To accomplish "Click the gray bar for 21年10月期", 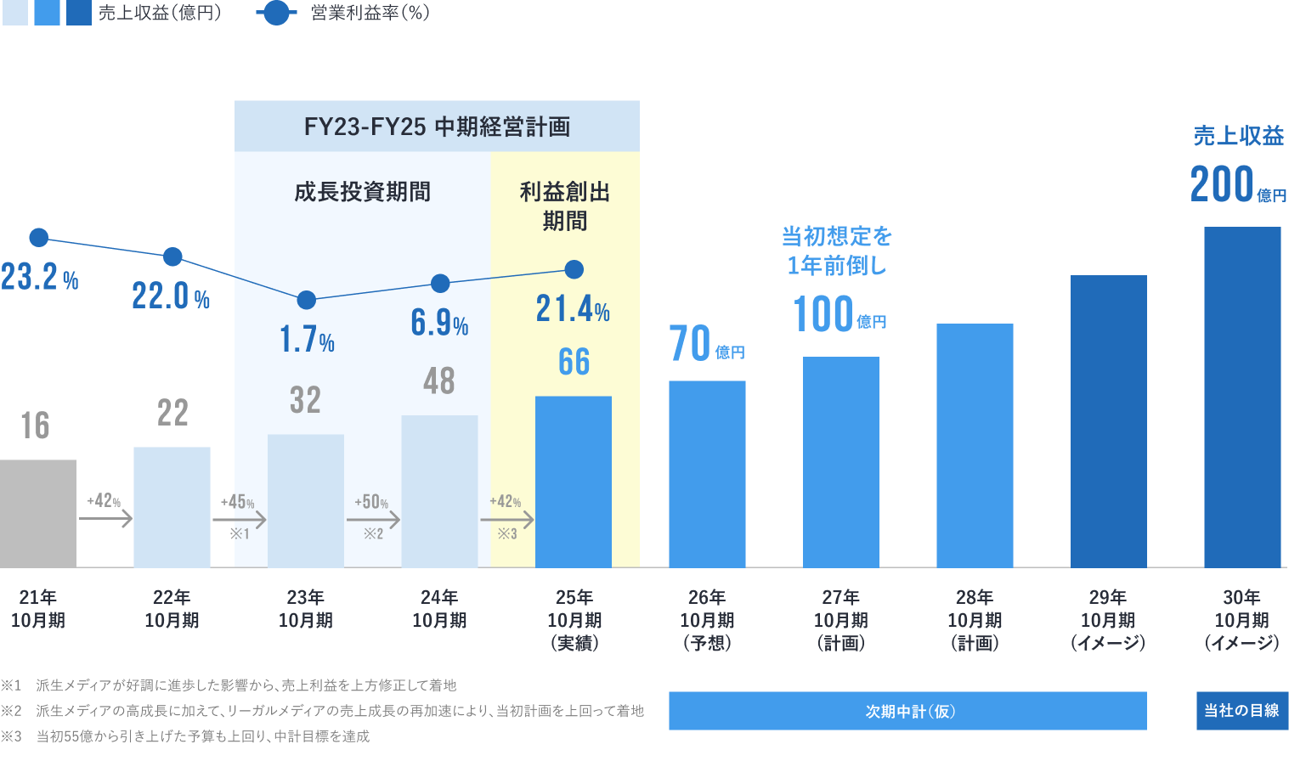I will tap(38, 513).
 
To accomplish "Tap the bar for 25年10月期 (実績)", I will tap(574, 482).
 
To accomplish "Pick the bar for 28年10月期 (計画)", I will tap(975, 445).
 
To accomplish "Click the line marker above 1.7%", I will tap(307, 300).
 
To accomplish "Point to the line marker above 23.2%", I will tap(38, 238).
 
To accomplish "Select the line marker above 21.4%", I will tap(574, 270).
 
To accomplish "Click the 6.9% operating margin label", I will tap(439, 323).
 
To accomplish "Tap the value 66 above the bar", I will tap(574, 362).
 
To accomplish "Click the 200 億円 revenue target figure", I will tap(1237, 184).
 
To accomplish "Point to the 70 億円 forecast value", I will tap(706, 343).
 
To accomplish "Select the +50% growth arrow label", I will tap(372, 502).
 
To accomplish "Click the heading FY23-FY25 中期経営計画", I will tap(437, 127).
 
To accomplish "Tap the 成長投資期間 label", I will tap(363, 192).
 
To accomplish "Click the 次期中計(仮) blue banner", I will tap(907, 711).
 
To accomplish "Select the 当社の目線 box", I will tap(1241, 711).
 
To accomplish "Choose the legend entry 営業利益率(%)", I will tap(344, 13).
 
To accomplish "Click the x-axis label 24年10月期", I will tap(439, 609).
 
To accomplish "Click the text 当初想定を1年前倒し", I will tap(837, 251).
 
